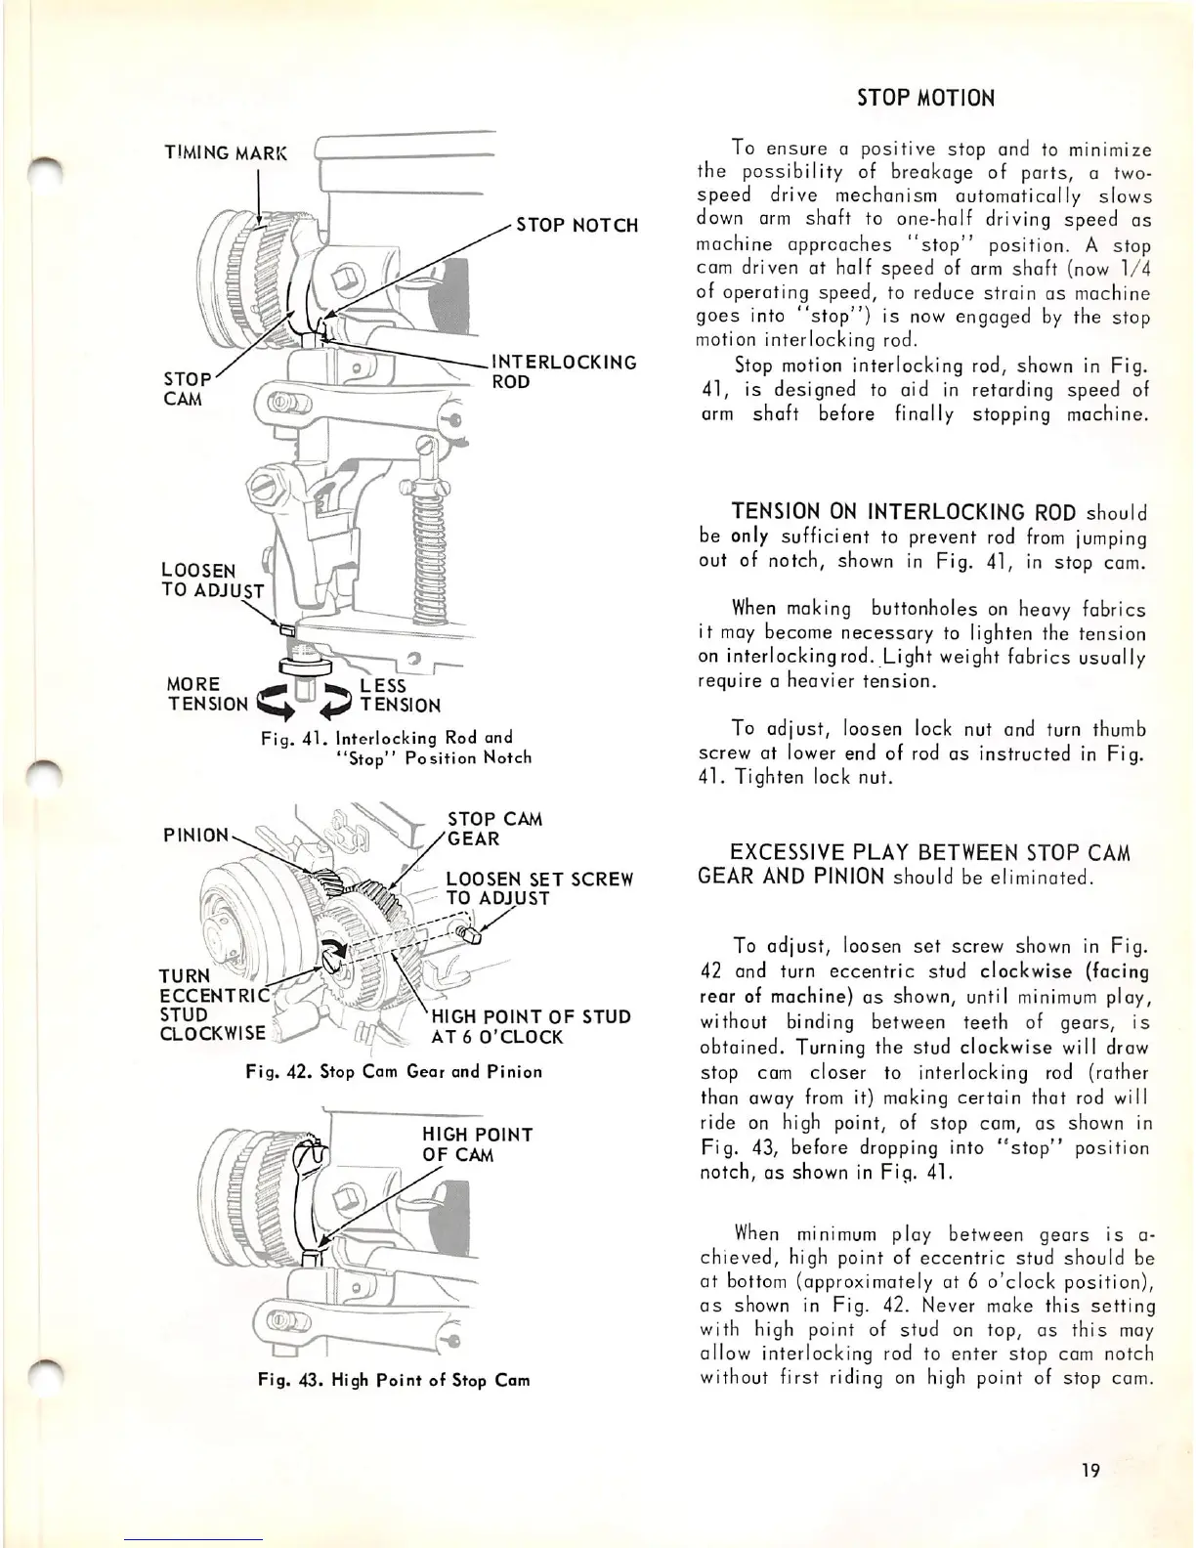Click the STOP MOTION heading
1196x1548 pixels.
coord(925,98)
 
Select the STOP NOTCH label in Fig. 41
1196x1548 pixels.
coord(577,226)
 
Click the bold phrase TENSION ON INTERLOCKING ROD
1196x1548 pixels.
coord(904,512)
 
